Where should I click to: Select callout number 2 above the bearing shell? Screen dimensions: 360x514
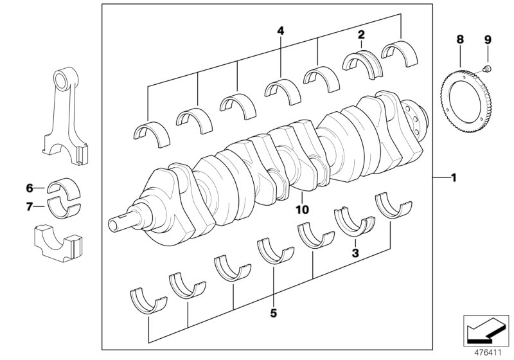coord(361,35)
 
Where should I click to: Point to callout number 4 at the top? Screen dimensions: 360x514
coord(280,30)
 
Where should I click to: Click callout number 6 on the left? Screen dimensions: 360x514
coord(29,188)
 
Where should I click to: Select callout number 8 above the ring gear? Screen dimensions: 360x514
coord(459,40)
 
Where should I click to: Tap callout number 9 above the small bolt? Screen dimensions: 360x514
coord(487,40)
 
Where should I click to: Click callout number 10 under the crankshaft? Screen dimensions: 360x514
coord(302,209)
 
